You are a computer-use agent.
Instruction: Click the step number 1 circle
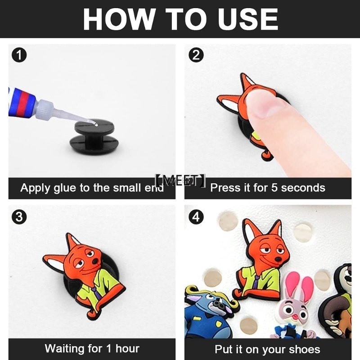[x=19, y=55]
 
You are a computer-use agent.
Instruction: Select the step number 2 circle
[x=196, y=55]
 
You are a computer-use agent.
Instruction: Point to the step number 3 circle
[x=19, y=216]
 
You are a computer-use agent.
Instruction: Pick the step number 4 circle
[x=196, y=216]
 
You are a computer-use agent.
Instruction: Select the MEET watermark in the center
[x=180, y=180]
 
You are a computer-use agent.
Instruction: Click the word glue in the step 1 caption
[x=65, y=188]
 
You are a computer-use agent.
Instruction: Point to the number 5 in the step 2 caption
[x=274, y=188]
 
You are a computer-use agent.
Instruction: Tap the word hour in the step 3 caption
[x=127, y=348]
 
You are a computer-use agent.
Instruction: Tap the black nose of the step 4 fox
[x=279, y=259]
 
